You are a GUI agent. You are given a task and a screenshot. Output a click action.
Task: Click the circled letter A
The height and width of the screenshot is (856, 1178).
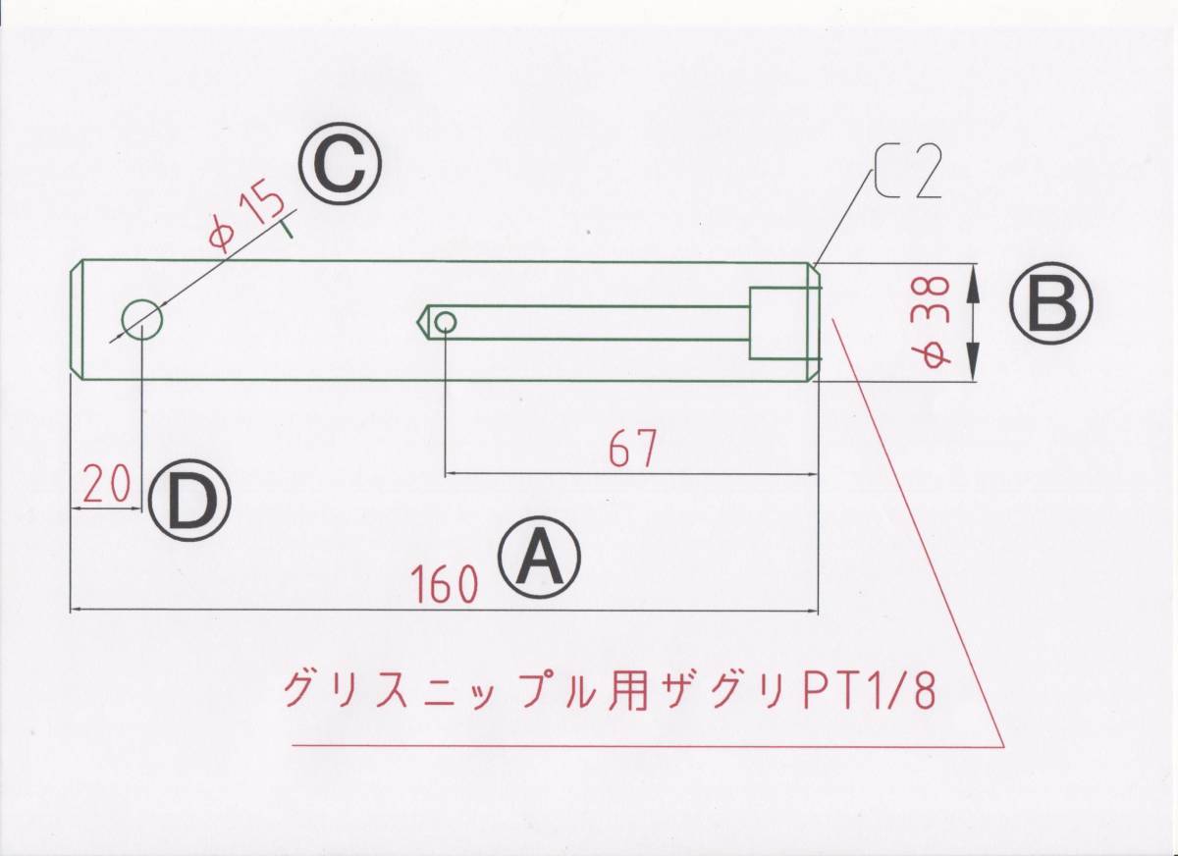click(x=539, y=557)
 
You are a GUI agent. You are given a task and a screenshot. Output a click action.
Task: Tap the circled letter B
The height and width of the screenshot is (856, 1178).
click(x=1050, y=303)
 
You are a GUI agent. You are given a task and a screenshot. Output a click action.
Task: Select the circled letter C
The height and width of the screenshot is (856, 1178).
click(x=340, y=164)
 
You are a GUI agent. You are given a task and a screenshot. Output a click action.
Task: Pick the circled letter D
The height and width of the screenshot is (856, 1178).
click(x=189, y=500)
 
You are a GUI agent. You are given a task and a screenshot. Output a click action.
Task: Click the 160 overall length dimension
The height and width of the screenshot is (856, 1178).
click(x=446, y=584)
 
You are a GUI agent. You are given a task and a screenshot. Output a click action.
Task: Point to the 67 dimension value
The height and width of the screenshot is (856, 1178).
click(x=632, y=448)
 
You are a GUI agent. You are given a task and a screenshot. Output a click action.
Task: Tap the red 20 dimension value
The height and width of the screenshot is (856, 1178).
click(x=106, y=484)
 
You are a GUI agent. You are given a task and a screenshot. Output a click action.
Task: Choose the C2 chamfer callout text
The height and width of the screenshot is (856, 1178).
click(x=908, y=172)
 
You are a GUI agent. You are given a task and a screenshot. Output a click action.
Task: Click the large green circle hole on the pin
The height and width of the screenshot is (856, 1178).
click(x=142, y=320)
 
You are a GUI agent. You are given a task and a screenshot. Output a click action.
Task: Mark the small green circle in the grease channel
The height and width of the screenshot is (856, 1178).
click(x=446, y=321)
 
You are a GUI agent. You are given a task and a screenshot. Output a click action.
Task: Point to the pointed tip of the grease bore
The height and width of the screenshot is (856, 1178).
click(x=417, y=321)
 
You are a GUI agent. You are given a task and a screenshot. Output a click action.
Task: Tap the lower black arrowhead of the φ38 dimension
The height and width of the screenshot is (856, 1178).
click(x=973, y=362)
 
